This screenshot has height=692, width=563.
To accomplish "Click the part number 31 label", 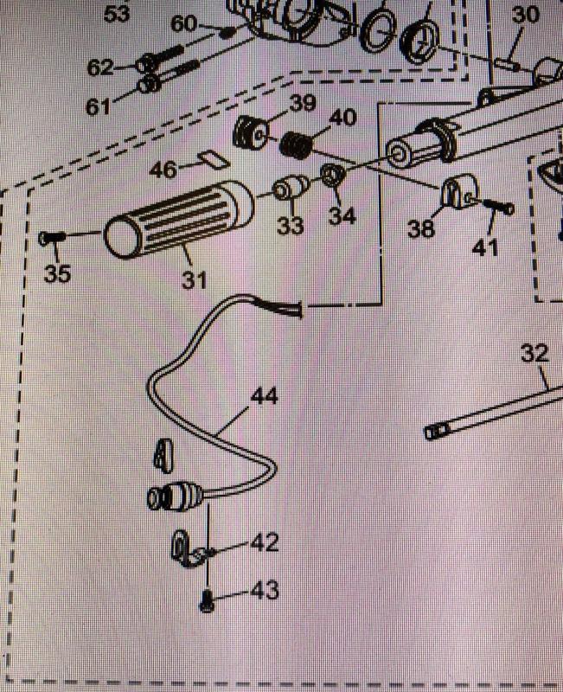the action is (x=195, y=279).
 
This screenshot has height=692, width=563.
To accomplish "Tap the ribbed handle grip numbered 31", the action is (x=180, y=221).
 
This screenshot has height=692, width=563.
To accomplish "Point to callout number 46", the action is (x=163, y=170).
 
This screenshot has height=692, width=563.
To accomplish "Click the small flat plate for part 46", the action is (x=214, y=159).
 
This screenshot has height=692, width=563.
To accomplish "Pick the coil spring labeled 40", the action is (x=295, y=146).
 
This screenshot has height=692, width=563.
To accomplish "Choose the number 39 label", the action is (x=303, y=103).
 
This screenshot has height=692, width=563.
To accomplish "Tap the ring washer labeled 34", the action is (x=334, y=176).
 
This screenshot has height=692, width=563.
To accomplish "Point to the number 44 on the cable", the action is (x=265, y=396).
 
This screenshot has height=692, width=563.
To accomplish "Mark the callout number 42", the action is (x=265, y=542).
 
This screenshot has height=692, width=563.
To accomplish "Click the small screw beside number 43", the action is (x=208, y=601).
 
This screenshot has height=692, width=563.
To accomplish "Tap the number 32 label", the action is (x=534, y=353).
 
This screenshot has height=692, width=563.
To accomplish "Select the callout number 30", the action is (x=526, y=15).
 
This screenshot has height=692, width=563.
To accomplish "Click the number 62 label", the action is (x=100, y=68).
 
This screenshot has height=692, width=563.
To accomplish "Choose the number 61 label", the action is (x=98, y=106).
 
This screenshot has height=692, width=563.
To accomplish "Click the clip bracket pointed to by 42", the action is (x=185, y=548).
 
